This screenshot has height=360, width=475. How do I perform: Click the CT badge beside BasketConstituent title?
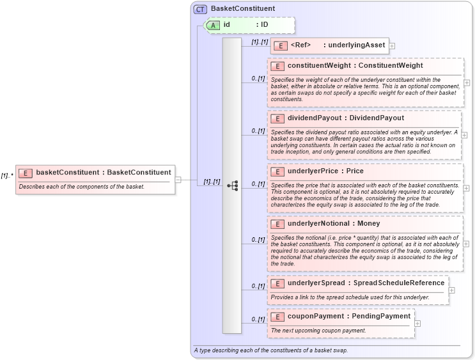click(x=201, y=9)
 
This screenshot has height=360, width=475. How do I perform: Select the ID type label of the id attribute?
click(x=262, y=25)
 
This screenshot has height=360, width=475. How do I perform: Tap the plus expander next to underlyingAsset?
click(x=392, y=46)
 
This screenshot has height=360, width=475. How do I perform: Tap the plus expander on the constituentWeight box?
click(x=467, y=82)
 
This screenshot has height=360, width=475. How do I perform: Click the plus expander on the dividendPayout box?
click(x=463, y=136)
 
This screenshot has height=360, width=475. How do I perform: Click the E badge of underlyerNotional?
click(x=277, y=224)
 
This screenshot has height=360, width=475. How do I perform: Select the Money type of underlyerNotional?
click(x=369, y=224)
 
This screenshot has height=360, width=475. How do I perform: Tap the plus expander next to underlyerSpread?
click(x=452, y=290)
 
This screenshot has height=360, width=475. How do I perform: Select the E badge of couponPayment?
click(x=277, y=316)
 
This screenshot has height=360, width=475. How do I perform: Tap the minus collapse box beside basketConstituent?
click(x=178, y=180)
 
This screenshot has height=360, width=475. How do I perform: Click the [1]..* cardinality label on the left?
click(x=8, y=175)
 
